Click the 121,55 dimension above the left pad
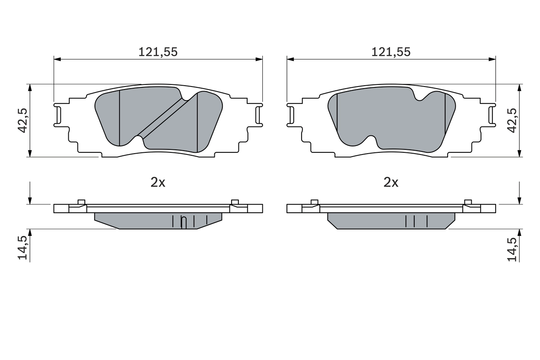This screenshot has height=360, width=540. [158, 52]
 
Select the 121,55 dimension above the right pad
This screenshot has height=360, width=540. [391, 52]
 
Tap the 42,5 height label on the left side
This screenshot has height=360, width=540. [23, 120]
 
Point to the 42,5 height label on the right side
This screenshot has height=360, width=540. [512, 120]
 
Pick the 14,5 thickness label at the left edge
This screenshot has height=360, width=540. [23, 248]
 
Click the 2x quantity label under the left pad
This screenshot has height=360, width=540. [158, 182]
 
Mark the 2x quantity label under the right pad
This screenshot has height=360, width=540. [391, 182]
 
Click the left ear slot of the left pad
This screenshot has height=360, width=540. [58, 114]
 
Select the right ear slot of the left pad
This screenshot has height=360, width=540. [259, 114]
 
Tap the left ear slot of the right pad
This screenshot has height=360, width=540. [291, 114]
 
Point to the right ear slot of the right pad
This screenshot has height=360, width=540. [491, 114]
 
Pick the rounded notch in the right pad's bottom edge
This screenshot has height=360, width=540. [371, 140]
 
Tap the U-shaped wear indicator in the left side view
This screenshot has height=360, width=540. [184, 222]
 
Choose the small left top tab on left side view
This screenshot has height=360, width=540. [82, 202]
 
